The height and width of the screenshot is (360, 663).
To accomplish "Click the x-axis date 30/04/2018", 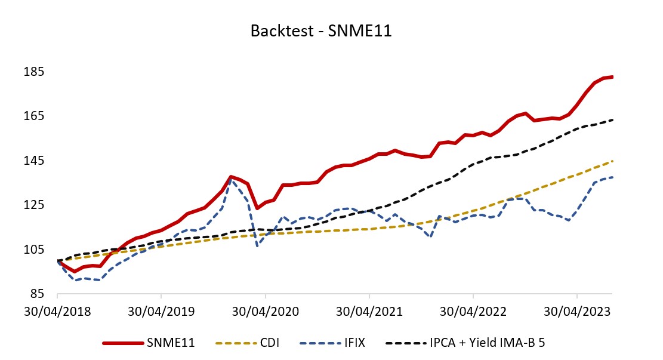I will click(x=57, y=311).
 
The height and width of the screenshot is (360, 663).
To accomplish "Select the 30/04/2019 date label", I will click(x=161, y=311).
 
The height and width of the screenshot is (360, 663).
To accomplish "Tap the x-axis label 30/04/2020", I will click(x=266, y=311).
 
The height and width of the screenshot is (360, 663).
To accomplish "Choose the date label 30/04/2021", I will click(x=369, y=311).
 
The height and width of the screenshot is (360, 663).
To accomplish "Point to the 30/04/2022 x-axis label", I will click(x=473, y=311).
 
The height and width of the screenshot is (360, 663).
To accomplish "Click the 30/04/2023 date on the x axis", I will click(x=577, y=311).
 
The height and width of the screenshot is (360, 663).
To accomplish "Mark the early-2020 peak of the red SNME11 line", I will click(x=230, y=177).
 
